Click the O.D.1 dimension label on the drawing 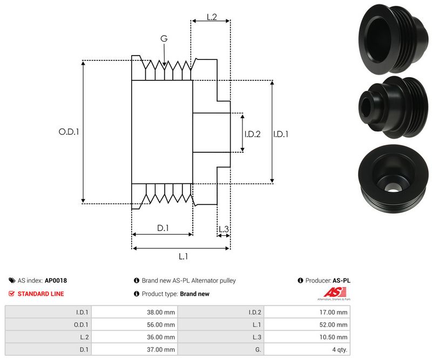pyautogui.click(x=69, y=131)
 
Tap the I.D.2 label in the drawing pyautogui.click(x=252, y=134)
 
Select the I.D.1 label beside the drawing pyautogui.click(x=281, y=134)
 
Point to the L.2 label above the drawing pyautogui.click(x=212, y=17)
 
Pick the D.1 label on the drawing pyautogui.click(x=163, y=228)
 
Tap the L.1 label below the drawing pyautogui.click(x=183, y=256)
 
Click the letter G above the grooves pyautogui.click(x=164, y=38)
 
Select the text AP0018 pyautogui.click(x=56, y=281)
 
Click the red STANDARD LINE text pyautogui.click(x=40, y=294)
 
